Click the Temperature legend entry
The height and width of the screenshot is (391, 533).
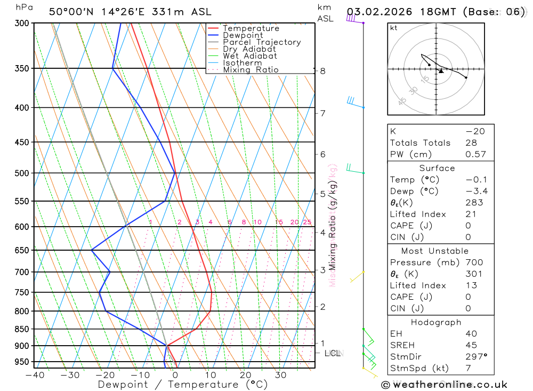coord(251,28)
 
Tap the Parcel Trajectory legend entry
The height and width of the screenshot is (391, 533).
coord(261,42)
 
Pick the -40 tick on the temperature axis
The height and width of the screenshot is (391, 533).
coord(35,375)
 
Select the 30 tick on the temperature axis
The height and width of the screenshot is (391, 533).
coord(280,375)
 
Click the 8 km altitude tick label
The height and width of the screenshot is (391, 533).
coord(322,71)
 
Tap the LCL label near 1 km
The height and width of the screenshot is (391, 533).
coord(333,353)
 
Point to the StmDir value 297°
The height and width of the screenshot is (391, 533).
coord(476,356)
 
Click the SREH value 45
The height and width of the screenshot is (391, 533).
coord(471,345)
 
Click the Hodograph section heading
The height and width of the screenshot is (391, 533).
coord(437,322)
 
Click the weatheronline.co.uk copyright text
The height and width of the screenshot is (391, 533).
coord(444,385)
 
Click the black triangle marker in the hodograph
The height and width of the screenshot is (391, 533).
coord(441,71)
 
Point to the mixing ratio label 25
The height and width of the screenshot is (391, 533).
coord(307,222)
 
